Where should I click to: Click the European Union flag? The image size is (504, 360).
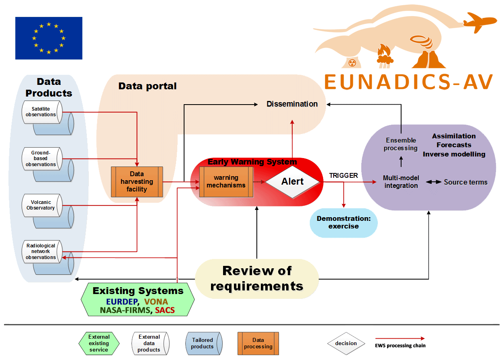49,38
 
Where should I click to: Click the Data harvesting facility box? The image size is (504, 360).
137,181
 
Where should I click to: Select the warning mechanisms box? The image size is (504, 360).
226,181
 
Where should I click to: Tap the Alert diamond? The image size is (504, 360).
292,181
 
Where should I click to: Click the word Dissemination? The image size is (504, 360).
292,104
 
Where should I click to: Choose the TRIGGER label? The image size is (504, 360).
344,176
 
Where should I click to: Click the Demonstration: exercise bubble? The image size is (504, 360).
344,222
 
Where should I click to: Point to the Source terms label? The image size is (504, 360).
465,182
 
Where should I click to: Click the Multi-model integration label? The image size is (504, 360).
401,182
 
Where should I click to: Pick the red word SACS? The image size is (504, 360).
165,310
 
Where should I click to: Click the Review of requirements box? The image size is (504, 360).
257,278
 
